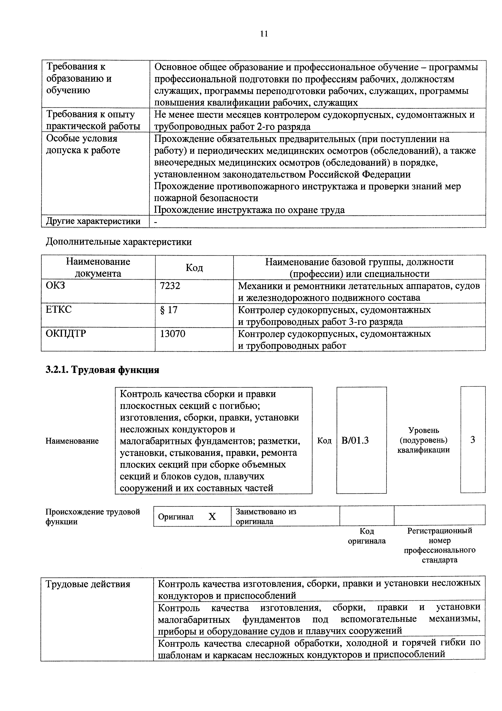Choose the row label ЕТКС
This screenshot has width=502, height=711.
(58, 309)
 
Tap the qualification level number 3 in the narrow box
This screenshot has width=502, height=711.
(473, 440)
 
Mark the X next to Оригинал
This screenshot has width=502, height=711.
(212, 516)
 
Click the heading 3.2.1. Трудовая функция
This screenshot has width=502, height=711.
(102, 370)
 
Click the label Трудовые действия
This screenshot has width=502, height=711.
(88, 584)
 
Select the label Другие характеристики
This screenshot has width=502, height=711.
(93, 221)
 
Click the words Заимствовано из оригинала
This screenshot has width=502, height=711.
(266, 516)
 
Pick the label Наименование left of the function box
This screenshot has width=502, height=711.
(72, 441)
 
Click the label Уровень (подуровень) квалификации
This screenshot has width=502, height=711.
(423, 440)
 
